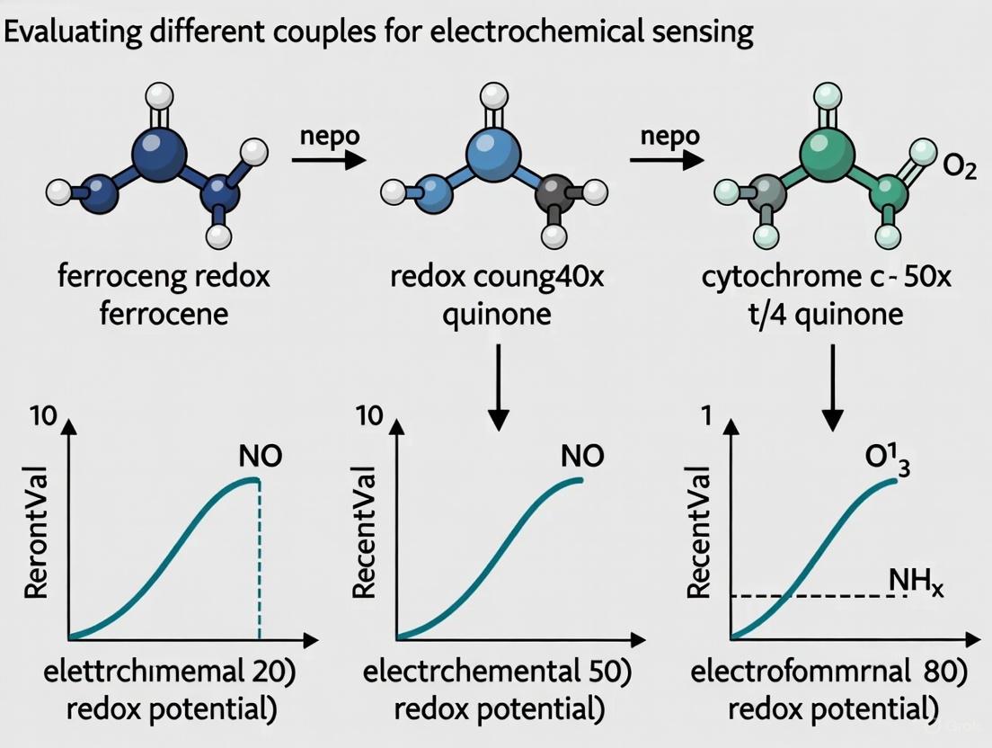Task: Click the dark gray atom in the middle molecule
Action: pos(554,191)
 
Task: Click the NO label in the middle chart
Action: pos(582,456)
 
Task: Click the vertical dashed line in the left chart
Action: pos(260,557)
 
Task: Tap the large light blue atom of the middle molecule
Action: pos(493,155)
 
